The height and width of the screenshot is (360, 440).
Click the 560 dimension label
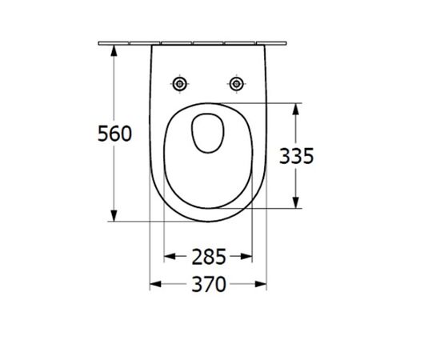[x=114, y=133]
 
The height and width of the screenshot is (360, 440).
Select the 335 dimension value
[x=296, y=156]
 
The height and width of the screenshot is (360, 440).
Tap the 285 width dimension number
[x=209, y=257]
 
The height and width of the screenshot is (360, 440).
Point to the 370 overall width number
[x=209, y=284]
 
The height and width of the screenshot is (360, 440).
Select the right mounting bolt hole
[x=236, y=83]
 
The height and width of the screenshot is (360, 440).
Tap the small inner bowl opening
[x=208, y=131]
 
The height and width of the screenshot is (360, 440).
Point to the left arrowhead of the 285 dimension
[x=168, y=257]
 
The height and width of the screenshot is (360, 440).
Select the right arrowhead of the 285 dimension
[x=249, y=257]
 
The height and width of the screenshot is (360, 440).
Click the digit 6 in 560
[x=114, y=133]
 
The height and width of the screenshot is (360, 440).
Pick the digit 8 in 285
[x=209, y=257]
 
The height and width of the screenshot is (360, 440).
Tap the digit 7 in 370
[x=209, y=284]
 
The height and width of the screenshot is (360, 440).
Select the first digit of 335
[x=285, y=156]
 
